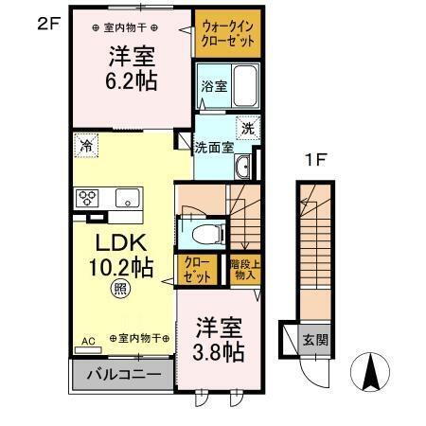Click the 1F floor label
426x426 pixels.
click(314, 160)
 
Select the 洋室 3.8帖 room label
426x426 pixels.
click(219, 340)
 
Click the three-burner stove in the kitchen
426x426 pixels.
click(88, 198)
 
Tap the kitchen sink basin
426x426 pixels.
click(126, 198)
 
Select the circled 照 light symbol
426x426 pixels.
click(120, 288)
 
